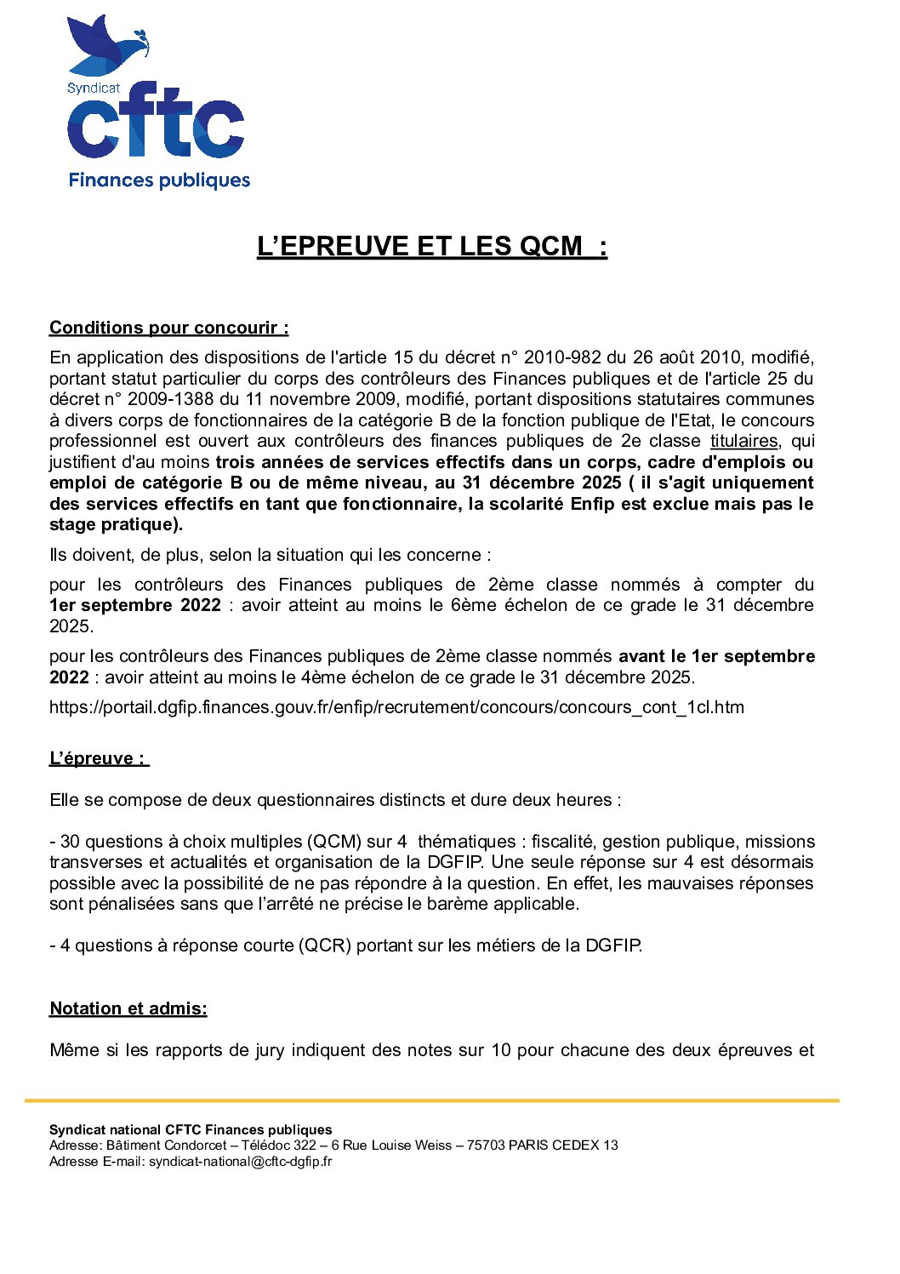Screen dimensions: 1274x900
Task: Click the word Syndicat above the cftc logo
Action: tap(94, 88)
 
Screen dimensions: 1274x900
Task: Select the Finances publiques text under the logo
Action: tap(159, 180)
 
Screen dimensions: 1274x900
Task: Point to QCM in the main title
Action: tap(551, 246)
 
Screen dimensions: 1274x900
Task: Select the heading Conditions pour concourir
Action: tap(168, 328)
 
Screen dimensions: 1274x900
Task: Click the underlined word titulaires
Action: tap(743, 441)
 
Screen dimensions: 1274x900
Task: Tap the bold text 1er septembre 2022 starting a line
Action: tap(135, 605)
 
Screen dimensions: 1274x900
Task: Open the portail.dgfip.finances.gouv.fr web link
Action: tap(396, 707)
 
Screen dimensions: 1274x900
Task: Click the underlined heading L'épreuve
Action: tap(98, 758)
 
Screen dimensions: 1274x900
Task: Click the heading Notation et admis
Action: tap(128, 1008)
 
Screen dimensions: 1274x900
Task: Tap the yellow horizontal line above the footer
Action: tap(432, 1100)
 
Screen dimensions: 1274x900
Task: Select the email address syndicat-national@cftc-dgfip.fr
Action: tap(241, 1161)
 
